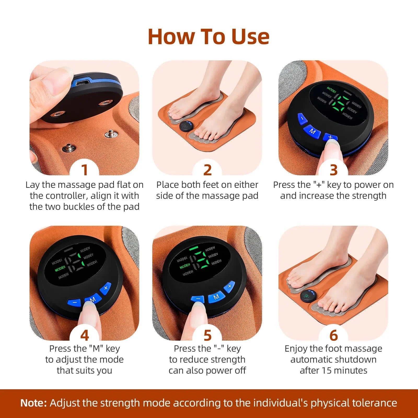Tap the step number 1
[x=84, y=170]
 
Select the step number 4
[x=84, y=335]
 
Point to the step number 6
[x=333, y=335]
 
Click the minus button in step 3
[x=302, y=118]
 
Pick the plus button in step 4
[x=106, y=288]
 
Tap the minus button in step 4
[x=75, y=303]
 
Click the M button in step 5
[x=216, y=297]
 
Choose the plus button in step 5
[x=229, y=287]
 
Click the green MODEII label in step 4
[x=60, y=268]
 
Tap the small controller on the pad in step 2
[x=186, y=127]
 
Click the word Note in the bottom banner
[x=33, y=403]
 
